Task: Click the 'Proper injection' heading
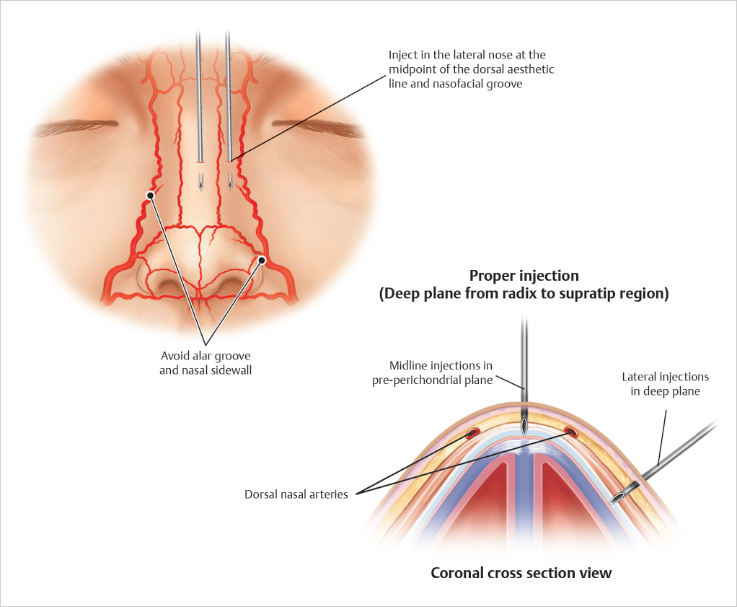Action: (x=524, y=275)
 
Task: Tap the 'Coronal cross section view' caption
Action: (x=521, y=573)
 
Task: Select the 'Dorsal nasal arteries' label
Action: (x=296, y=494)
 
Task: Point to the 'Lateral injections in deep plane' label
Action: (x=665, y=384)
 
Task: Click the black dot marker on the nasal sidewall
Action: (x=151, y=195)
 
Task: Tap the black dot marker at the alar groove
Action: (x=262, y=260)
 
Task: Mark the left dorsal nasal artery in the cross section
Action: (x=473, y=434)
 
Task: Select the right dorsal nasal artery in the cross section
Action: (x=572, y=433)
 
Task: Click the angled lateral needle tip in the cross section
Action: (x=619, y=497)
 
